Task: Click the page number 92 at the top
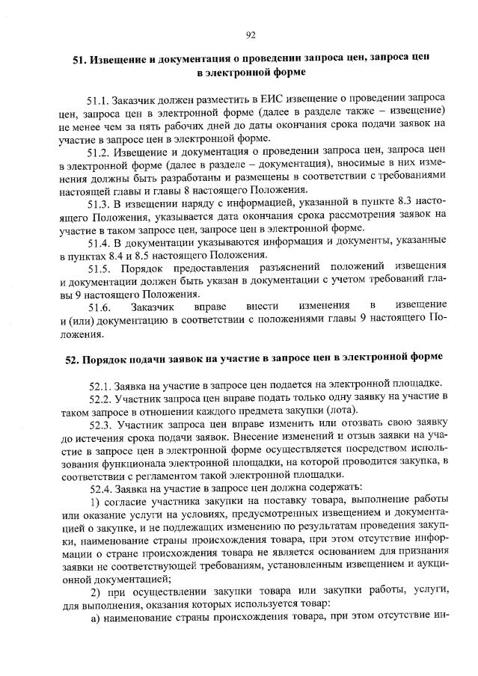tap(251, 34)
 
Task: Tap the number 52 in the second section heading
tap(72, 359)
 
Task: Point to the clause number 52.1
tap(101, 385)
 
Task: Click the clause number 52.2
tap(101, 398)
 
